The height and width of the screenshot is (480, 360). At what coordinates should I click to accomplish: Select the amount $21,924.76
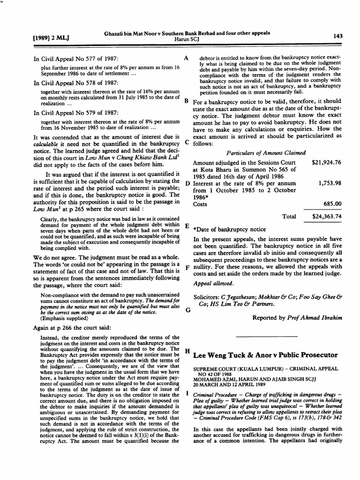tap(326, 162)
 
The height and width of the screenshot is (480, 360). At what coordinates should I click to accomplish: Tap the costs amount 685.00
tap(333, 204)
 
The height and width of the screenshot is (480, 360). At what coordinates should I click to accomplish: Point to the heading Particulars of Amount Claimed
tap(266, 153)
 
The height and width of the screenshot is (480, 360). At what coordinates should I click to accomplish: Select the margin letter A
tap(186, 58)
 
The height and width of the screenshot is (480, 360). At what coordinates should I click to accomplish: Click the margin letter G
tap(188, 309)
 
